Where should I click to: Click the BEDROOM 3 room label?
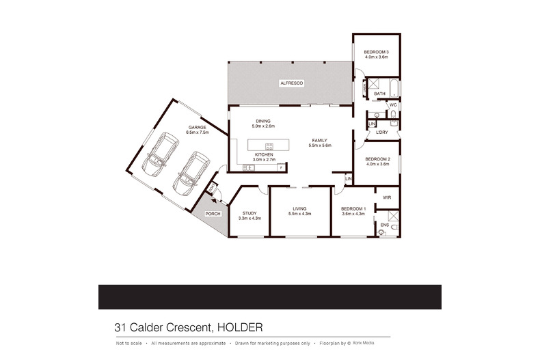coord(376,53)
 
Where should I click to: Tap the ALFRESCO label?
coord(291,83)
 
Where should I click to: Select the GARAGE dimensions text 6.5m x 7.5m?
coord(197,133)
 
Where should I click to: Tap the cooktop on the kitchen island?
coord(269,146)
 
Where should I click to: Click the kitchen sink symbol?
coord(245,167)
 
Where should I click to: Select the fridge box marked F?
coord(281,167)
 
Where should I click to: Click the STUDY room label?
coord(249,213)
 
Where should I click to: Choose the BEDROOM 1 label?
coord(353,208)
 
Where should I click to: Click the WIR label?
coord(386,197)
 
